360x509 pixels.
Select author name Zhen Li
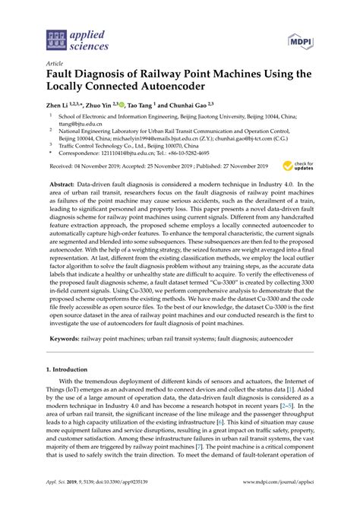pyautogui.click(x=59, y=108)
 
